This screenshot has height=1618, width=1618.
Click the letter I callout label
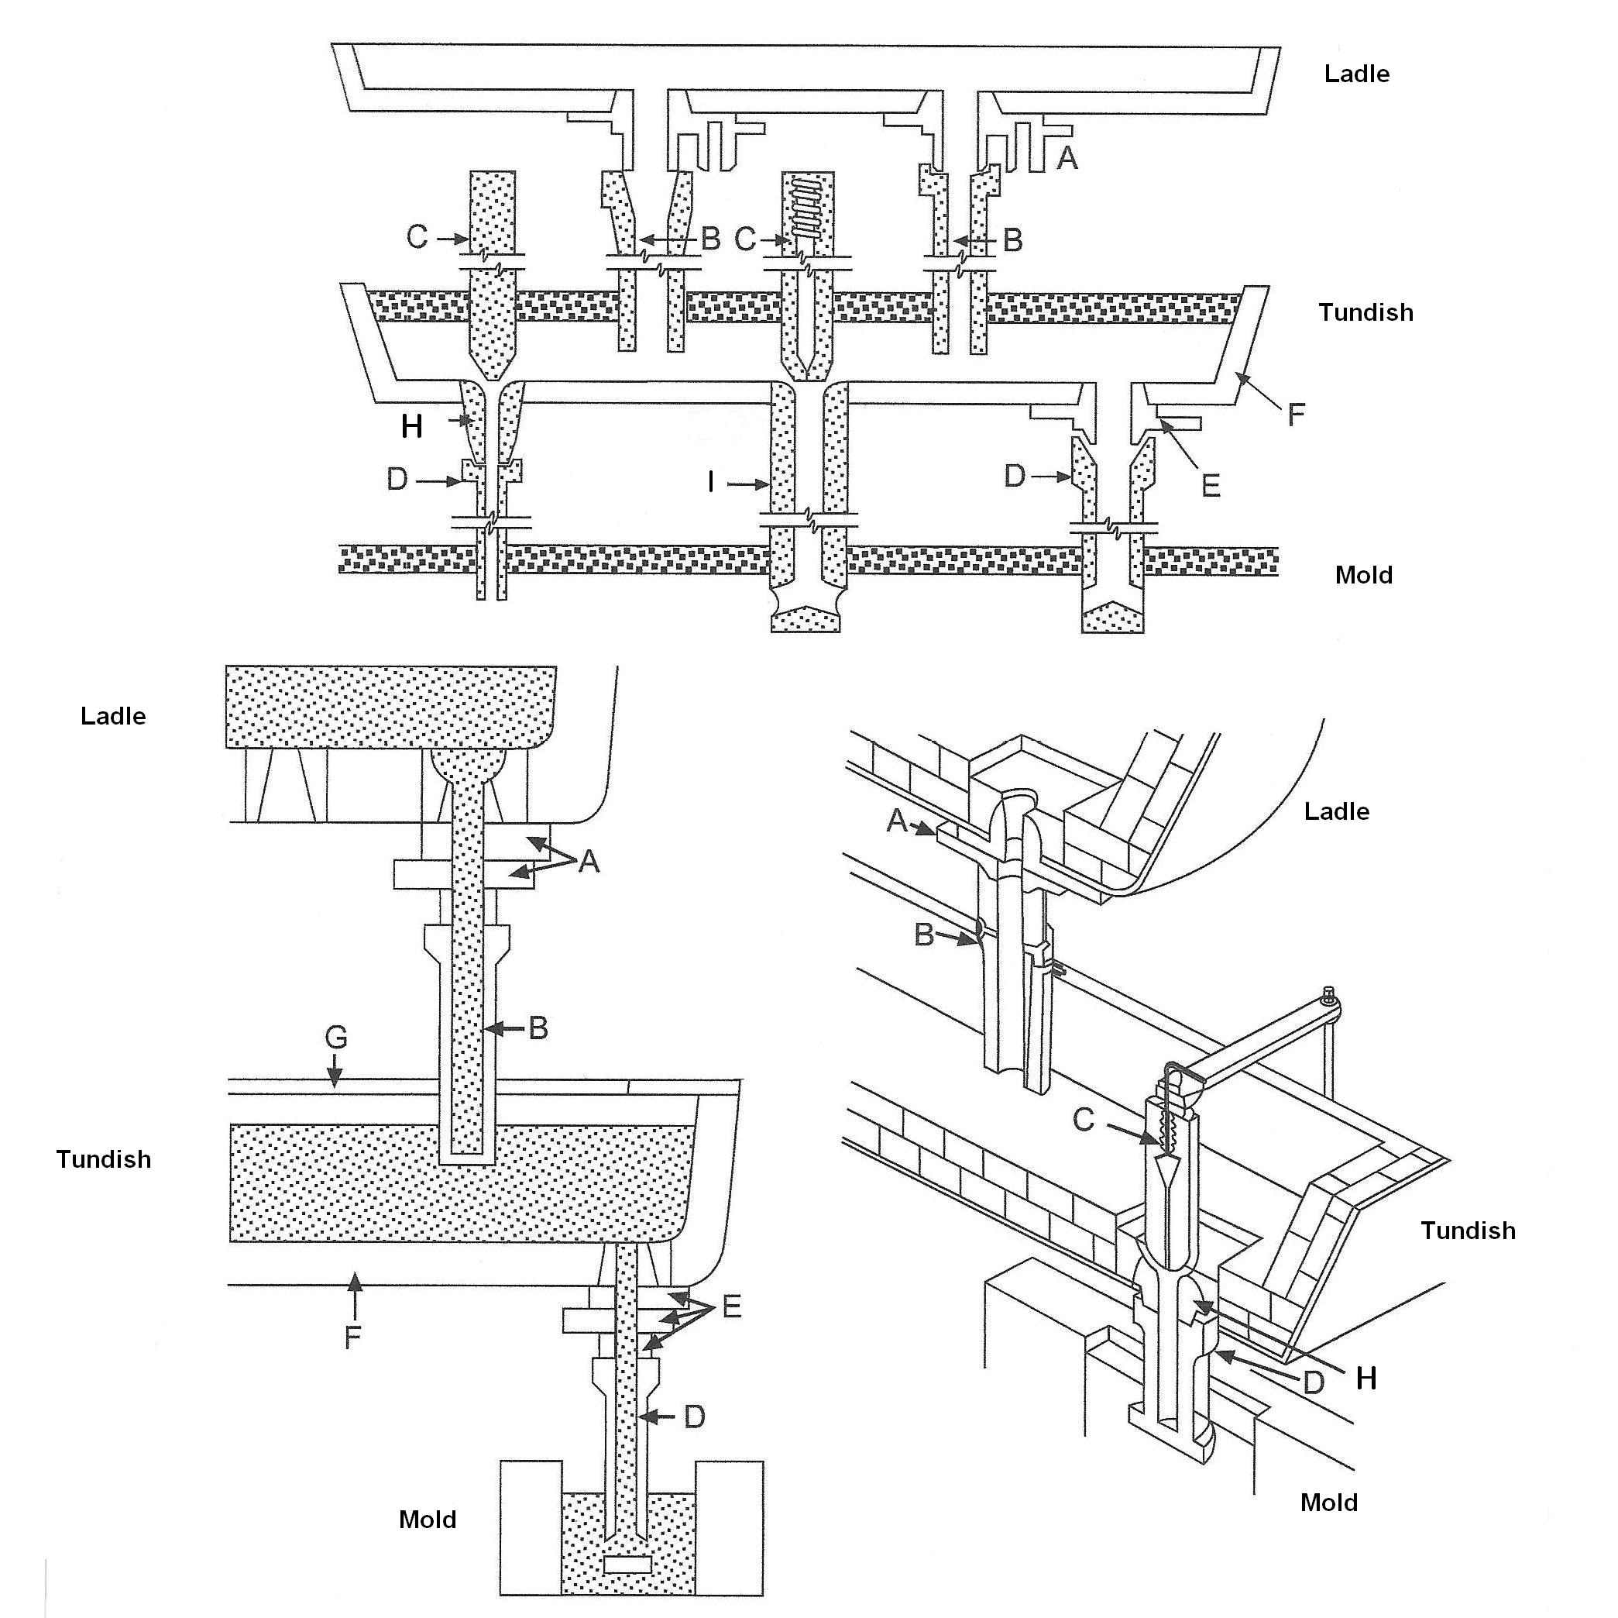tap(711, 482)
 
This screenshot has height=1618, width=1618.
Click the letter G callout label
tap(336, 1038)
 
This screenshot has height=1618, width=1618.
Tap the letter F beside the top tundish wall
tap(1296, 414)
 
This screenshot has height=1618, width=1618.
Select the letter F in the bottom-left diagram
tap(352, 1337)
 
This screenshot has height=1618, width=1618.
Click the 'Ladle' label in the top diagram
tap(1356, 74)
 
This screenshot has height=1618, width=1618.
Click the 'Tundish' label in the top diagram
tap(1365, 312)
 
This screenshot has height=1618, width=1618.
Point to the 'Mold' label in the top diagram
tap(1363, 575)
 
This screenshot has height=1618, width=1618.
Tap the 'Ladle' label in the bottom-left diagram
tap(113, 715)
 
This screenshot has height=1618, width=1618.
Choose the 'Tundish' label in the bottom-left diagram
tap(104, 1158)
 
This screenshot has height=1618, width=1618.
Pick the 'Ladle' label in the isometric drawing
tap(1336, 811)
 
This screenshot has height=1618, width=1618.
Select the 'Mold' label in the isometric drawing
tap(1328, 1503)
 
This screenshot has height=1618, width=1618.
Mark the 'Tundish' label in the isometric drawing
tap(1467, 1230)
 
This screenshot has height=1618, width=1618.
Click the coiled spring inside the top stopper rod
tap(807, 205)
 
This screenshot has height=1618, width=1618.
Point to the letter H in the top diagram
tap(411, 426)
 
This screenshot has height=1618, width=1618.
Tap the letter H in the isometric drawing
tap(1366, 1379)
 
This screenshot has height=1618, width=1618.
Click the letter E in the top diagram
tap(1210, 485)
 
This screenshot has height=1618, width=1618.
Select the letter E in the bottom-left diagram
tap(731, 1306)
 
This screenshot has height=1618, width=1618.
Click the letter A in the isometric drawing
tap(896, 821)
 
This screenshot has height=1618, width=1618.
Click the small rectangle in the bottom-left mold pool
tap(627, 1564)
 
